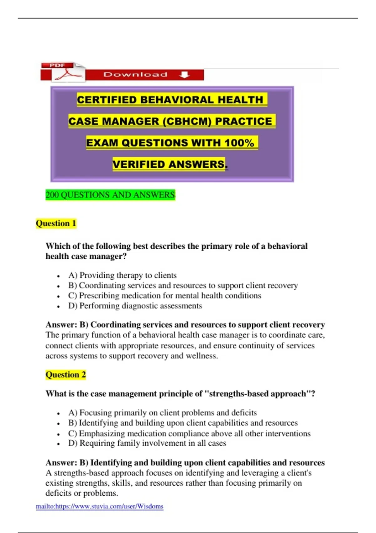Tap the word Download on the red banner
click(x=135, y=75)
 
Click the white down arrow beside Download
click(x=185, y=75)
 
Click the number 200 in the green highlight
click(x=52, y=195)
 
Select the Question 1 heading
click(x=56, y=224)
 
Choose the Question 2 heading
click(x=65, y=375)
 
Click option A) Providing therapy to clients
click(x=123, y=275)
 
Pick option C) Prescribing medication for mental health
click(x=164, y=296)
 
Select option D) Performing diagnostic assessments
click(x=135, y=306)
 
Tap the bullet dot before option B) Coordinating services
click(x=59, y=286)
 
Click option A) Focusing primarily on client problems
click(x=162, y=413)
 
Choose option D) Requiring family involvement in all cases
click(x=147, y=443)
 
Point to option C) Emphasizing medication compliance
click(x=189, y=433)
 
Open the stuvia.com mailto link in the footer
click(x=100, y=506)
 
